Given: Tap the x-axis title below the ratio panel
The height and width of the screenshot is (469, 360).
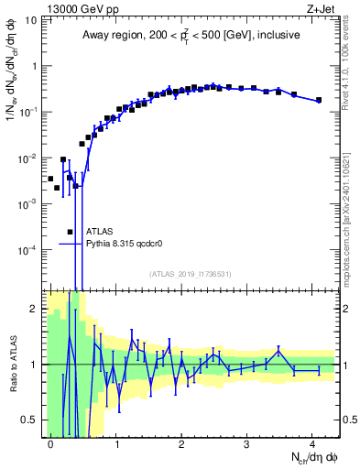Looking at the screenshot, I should pos(307,457).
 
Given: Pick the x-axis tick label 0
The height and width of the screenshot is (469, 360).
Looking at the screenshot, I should pos(50,442).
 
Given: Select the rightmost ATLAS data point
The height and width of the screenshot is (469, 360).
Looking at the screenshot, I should pos(318,100).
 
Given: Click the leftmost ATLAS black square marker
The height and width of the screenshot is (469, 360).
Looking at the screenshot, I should pos(50,179).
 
